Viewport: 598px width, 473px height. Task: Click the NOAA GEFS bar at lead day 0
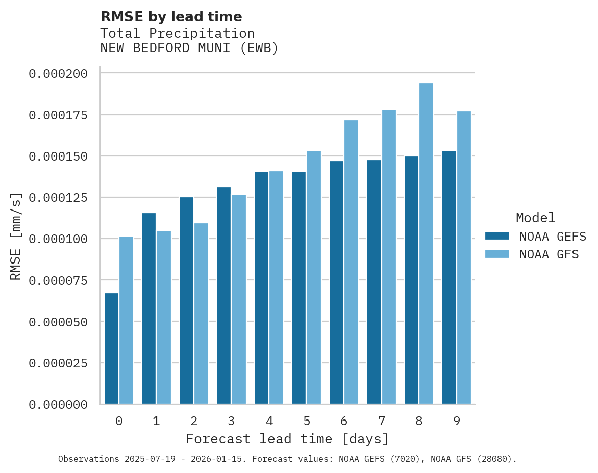pos(111,349)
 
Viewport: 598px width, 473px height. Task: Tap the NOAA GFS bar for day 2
pos(201,313)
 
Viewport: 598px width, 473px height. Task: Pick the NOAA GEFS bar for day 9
pos(449,277)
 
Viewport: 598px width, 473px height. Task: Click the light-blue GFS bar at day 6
pos(351,262)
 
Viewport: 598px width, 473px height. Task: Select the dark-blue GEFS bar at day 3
pos(223,296)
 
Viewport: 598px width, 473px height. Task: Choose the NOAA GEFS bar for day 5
pos(298,288)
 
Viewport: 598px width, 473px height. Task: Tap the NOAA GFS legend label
pos(549,254)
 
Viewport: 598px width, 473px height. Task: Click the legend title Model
pos(535,218)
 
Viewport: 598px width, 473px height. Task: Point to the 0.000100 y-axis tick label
pos(58,239)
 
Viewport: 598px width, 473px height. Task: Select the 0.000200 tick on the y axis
pos(58,74)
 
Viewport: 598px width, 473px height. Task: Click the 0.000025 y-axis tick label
pos(58,363)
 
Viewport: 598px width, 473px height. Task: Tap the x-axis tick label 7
pos(381,421)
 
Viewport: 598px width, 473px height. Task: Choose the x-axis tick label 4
pos(269,421)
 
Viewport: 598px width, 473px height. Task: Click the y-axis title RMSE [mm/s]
pos(16,236)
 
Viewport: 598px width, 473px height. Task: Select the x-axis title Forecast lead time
pos(287,439)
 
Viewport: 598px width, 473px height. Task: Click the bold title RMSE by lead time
pos(171,17)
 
